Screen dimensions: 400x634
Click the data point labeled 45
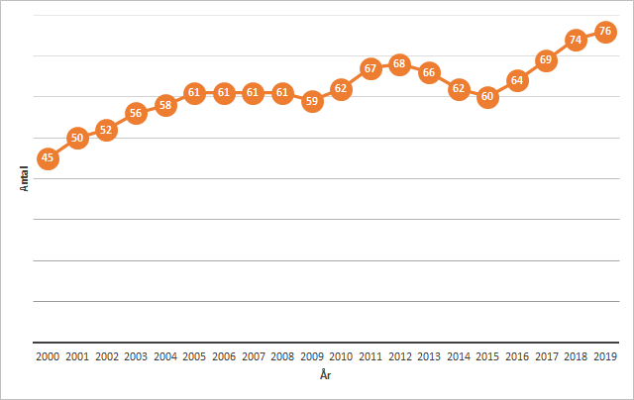(x=48, y=158)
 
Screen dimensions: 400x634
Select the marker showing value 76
(x=605, y=32)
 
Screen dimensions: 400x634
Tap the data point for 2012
(x=399, y=64)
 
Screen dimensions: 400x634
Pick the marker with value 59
(x=312, y=101)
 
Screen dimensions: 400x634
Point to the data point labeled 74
(x=576, y=40)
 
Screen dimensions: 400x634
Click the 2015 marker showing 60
(x=487, y=97)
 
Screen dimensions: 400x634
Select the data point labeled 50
(x=77, y=138)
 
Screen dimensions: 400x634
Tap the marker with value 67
(x=370, y=68)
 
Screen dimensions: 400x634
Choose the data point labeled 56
(x=136, y=113)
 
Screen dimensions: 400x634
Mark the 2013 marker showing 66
(x=429, y=72)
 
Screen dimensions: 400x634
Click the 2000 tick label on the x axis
(x=48, y=355)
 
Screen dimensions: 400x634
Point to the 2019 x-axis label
(x=605, y=355)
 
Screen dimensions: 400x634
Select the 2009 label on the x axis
(x=312, y=355)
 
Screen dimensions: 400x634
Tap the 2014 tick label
(x=459, y=355)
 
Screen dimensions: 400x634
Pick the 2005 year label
(x=194, y=355)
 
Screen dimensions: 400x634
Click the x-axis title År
(x=326, y=376)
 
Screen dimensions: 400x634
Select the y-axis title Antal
(x=24, y=179)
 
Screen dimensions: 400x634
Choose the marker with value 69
(x=546, y=60)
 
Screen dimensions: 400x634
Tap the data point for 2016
(x=517, y=80)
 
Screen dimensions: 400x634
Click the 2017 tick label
(x=546, y=355)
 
